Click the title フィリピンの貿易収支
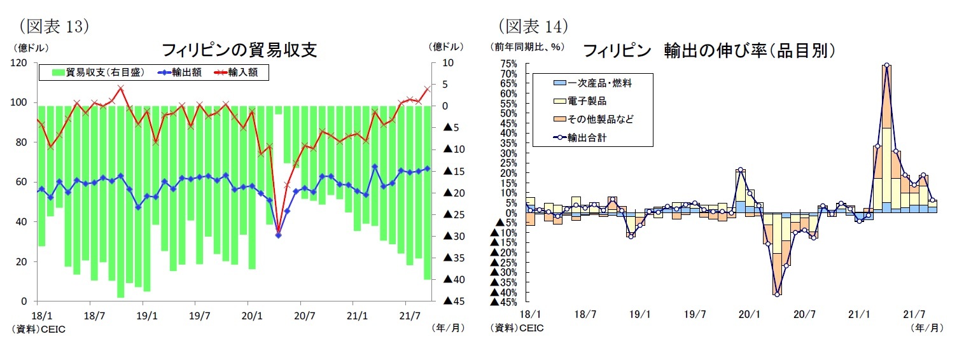(x=239, y=50)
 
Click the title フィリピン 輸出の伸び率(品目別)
(x=708, y=50)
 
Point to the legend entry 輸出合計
(x=588, y=137)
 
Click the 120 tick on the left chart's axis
(x=18, y=63)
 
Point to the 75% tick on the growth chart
(x=508, y=64)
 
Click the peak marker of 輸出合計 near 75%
(x=886, y=66)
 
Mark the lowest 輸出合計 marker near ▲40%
(x=777, y=294)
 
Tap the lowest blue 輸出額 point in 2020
(x=278, y=235)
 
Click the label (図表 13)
(x=53, y=25)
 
